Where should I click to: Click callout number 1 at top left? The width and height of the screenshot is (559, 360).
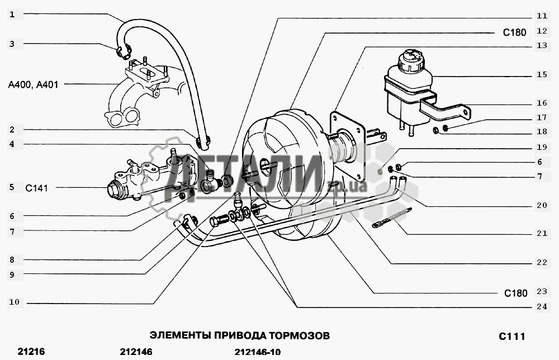point(12,15)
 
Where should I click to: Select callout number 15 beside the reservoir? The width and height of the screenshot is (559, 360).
point(542,74)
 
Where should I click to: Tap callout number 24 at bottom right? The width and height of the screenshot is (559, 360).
point(542,306)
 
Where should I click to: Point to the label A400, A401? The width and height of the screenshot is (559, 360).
point(33,85)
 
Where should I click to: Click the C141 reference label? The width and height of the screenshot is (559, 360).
point(36,188)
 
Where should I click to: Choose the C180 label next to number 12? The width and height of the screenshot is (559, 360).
point(514,32)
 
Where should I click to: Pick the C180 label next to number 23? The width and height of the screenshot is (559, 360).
point(515,293)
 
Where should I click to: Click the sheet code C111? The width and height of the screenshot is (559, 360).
point(512,336)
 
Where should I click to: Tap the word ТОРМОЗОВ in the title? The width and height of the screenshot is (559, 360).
point(299,336)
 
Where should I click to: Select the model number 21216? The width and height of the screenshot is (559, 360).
point(31,352)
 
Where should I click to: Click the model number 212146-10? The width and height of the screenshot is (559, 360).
point(257,352)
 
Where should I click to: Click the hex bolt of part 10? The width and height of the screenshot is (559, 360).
point(218,221)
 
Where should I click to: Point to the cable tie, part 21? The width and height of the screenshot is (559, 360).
point(391,218)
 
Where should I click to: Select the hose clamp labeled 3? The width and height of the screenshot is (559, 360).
point(124,51)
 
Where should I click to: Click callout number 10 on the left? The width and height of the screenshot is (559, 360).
point(15,302)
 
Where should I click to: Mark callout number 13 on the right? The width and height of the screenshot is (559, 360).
point(542,45)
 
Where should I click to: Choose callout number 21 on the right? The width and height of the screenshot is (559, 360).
point(542,233)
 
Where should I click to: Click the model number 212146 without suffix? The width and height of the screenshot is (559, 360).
point(136,352)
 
